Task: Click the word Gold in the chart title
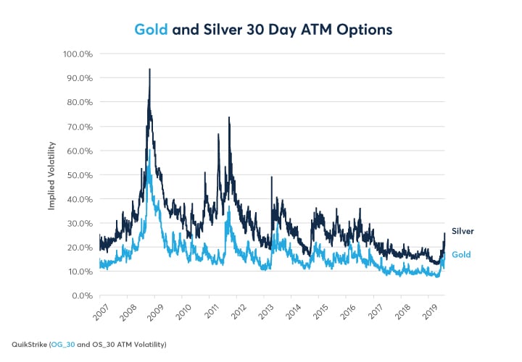(x=152, y=30)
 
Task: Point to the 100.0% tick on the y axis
(x=76, y=54)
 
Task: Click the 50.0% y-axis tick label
(x=78, y=174)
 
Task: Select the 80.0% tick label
(x=78, y=102)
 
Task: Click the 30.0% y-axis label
(x=78, y=223)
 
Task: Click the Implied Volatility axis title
(x=52, y=174)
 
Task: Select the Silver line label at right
(x=463, y=232)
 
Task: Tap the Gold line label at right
(x=461, y=255)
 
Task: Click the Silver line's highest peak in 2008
(x=149, y=70)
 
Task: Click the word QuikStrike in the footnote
(x=30, y=344)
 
